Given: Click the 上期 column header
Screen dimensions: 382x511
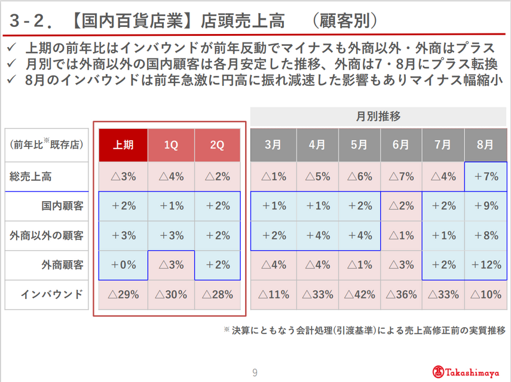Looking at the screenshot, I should [x=123, y=145].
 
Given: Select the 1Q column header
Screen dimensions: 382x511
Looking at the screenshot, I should [x=170, y=145].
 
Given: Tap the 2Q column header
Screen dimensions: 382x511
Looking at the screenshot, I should [x=217, y=145].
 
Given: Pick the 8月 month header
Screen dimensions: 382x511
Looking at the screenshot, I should [x=485, y=145].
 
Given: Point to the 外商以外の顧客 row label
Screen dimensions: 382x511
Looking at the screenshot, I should [x=47, y=236].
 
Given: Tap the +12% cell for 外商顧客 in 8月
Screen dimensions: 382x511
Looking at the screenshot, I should [x=485, y=265].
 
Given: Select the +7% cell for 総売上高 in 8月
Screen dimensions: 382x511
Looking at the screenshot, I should [x=485, y=177].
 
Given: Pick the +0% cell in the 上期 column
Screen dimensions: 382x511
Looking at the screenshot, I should [x=123, y=265].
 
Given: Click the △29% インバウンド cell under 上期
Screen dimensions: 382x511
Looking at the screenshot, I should [x=123, y=294].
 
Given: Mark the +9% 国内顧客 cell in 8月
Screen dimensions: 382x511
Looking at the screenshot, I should [x=485, y=207].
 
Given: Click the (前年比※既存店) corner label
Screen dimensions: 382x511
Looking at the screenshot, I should [x=47, y=145].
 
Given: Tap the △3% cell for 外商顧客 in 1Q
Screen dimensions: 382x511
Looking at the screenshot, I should [x=170, y=265].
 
